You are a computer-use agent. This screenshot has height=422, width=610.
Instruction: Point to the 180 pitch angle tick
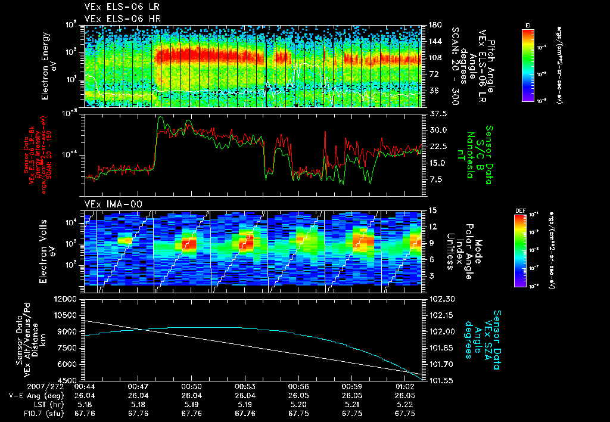[434, 25]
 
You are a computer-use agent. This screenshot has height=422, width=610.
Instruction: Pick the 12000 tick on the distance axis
[69, 299]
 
